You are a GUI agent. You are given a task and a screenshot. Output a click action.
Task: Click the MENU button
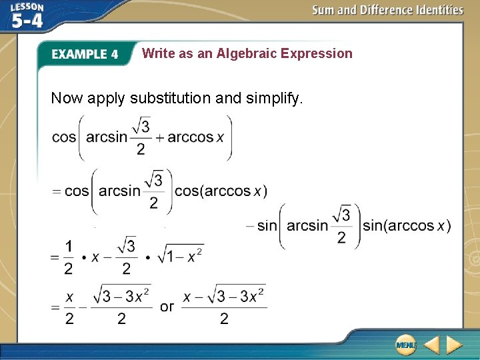click(406, 344)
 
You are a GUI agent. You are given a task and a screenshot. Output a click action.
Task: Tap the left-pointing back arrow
click(431, 344)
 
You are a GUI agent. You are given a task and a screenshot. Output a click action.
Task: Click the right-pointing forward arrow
click(454, 344)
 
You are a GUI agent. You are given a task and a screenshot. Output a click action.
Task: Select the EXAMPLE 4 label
click(85, 55)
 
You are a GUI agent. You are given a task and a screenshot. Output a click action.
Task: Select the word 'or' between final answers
click(167, 307)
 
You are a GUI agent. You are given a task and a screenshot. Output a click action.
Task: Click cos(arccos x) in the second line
click(221, 191)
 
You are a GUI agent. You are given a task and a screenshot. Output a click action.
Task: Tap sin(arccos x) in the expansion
click(406, 226)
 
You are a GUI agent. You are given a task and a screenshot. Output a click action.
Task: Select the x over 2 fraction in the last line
click(69, 307)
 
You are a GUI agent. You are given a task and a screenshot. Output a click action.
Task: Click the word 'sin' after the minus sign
click(266, 226)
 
